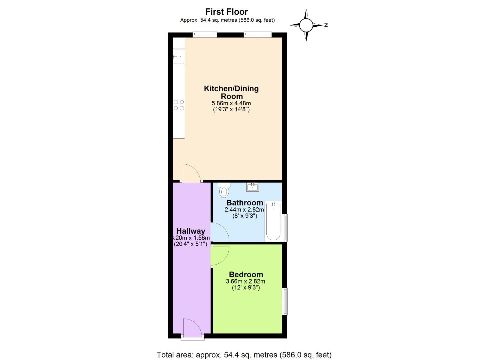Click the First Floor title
point(226,12)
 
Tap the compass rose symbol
point(306,25)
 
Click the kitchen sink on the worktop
point(178,56)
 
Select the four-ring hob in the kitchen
point(179,105)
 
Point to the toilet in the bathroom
point(224,190)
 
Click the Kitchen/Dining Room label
point(231,92)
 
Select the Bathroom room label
point(245,203)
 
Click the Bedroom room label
point(246,275)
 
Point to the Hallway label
point(191,231)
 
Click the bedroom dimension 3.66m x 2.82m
point(246,281)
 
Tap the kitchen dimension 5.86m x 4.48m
point(231,103)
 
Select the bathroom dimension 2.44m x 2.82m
point(244,210)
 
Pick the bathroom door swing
point(219,232)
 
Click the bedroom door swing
point(219,256)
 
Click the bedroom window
point(285,301)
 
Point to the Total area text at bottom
point(244,355)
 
